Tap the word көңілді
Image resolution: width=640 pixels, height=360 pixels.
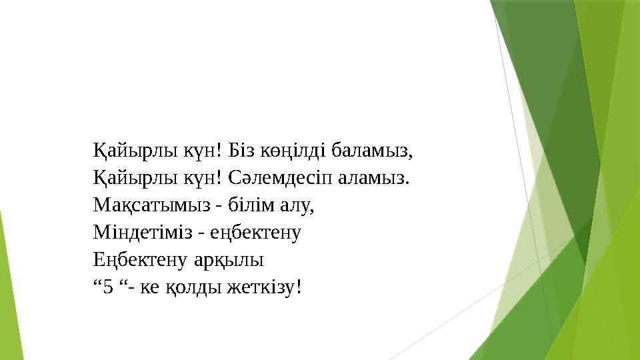pyautogui.click(x=293, y=151)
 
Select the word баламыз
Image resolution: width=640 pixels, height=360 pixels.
pyautogui.click(x=372, y=151)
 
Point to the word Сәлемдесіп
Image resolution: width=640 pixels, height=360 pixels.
pyautogui.click(x=281, y=178)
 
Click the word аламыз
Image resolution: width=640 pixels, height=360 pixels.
pyautogui.click(x=373, y=179)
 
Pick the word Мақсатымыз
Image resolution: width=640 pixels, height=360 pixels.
pyautogui.click(x=152, y=205)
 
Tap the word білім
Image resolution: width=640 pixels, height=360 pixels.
pyautogui.click(x=251, y=205)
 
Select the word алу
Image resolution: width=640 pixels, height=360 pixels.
pyautogui.click(x=297, y=205)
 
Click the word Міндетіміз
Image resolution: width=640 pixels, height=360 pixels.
pyautogui.click(x=143, y=232)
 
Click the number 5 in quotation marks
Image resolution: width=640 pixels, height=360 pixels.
pyautogui.click(x=108, y=287)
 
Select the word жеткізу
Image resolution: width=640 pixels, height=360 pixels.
pyautogui.click(x=265, y=287)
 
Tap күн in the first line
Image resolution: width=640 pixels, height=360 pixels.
pyautogui.click(x=203, y=151)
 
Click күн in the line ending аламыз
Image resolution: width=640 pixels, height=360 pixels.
pyautogui.click(x=203, y=178)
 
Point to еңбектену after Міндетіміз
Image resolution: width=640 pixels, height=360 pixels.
pyautogui.click(x=255, y=233)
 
